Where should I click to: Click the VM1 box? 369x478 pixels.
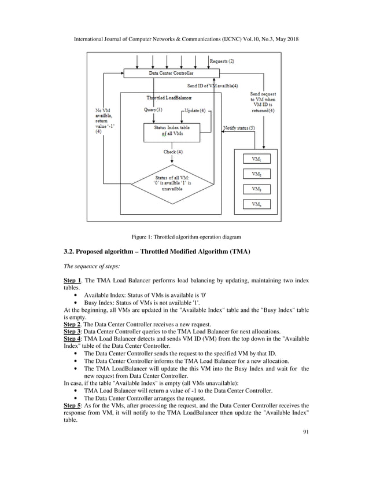(256, 158)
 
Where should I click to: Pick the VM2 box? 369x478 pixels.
(256, 174)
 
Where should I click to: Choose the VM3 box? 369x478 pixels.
(256, 189)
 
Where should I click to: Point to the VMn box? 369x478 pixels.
(256, 204)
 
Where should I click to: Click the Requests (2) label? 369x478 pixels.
(222, 61)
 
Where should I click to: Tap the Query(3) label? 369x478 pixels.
(153, 110)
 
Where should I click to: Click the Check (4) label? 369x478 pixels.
(173, 152)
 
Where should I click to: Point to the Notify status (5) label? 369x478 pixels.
(239, 128)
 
